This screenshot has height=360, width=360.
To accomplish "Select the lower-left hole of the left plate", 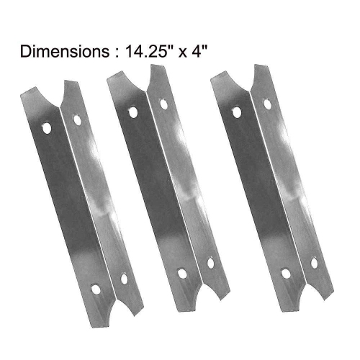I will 96,289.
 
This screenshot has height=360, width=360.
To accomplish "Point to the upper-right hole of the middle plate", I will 163,104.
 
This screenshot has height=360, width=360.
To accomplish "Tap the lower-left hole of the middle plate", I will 180,274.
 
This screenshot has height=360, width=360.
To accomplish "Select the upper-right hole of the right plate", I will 266,104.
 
